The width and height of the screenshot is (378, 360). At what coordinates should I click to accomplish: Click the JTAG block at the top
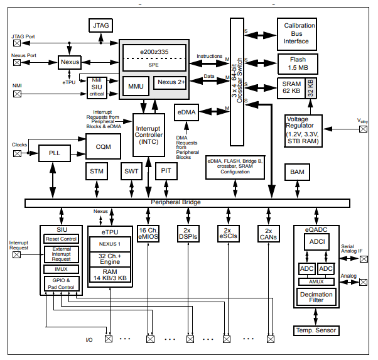(100, 26)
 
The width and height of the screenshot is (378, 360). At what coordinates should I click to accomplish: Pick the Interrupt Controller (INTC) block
(148, 134)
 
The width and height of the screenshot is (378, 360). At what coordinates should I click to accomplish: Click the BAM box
(296, 172)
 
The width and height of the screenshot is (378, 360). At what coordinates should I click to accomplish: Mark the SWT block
(131, 171)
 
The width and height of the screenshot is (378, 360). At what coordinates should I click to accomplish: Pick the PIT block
(166, 171)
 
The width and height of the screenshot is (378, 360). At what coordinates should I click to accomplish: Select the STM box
(97, 171)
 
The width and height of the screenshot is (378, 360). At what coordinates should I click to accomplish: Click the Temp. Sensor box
(316, 330)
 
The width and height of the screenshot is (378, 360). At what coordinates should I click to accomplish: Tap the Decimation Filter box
(316, 296)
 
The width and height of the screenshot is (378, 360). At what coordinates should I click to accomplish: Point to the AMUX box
(316, 281)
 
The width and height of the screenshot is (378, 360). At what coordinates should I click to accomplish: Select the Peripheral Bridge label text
(175, 202)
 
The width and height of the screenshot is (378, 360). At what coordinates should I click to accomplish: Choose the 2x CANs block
(268, 234)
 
